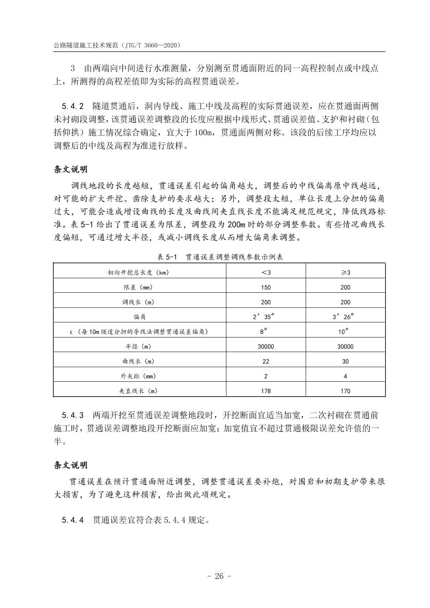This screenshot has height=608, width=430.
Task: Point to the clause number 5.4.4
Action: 73,520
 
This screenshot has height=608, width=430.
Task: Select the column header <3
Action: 265,273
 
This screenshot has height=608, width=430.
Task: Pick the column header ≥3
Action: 345,273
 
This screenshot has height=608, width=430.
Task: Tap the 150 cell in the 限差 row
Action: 265,287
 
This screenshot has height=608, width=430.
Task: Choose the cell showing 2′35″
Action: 265,316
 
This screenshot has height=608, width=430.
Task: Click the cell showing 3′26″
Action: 345,316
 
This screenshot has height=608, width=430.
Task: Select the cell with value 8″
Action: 265,331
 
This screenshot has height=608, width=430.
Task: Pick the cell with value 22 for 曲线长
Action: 265,361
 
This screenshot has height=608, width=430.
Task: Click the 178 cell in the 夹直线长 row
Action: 265,390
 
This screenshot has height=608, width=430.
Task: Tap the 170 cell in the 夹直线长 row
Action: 345,390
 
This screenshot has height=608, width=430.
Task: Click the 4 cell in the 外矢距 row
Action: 345,376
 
